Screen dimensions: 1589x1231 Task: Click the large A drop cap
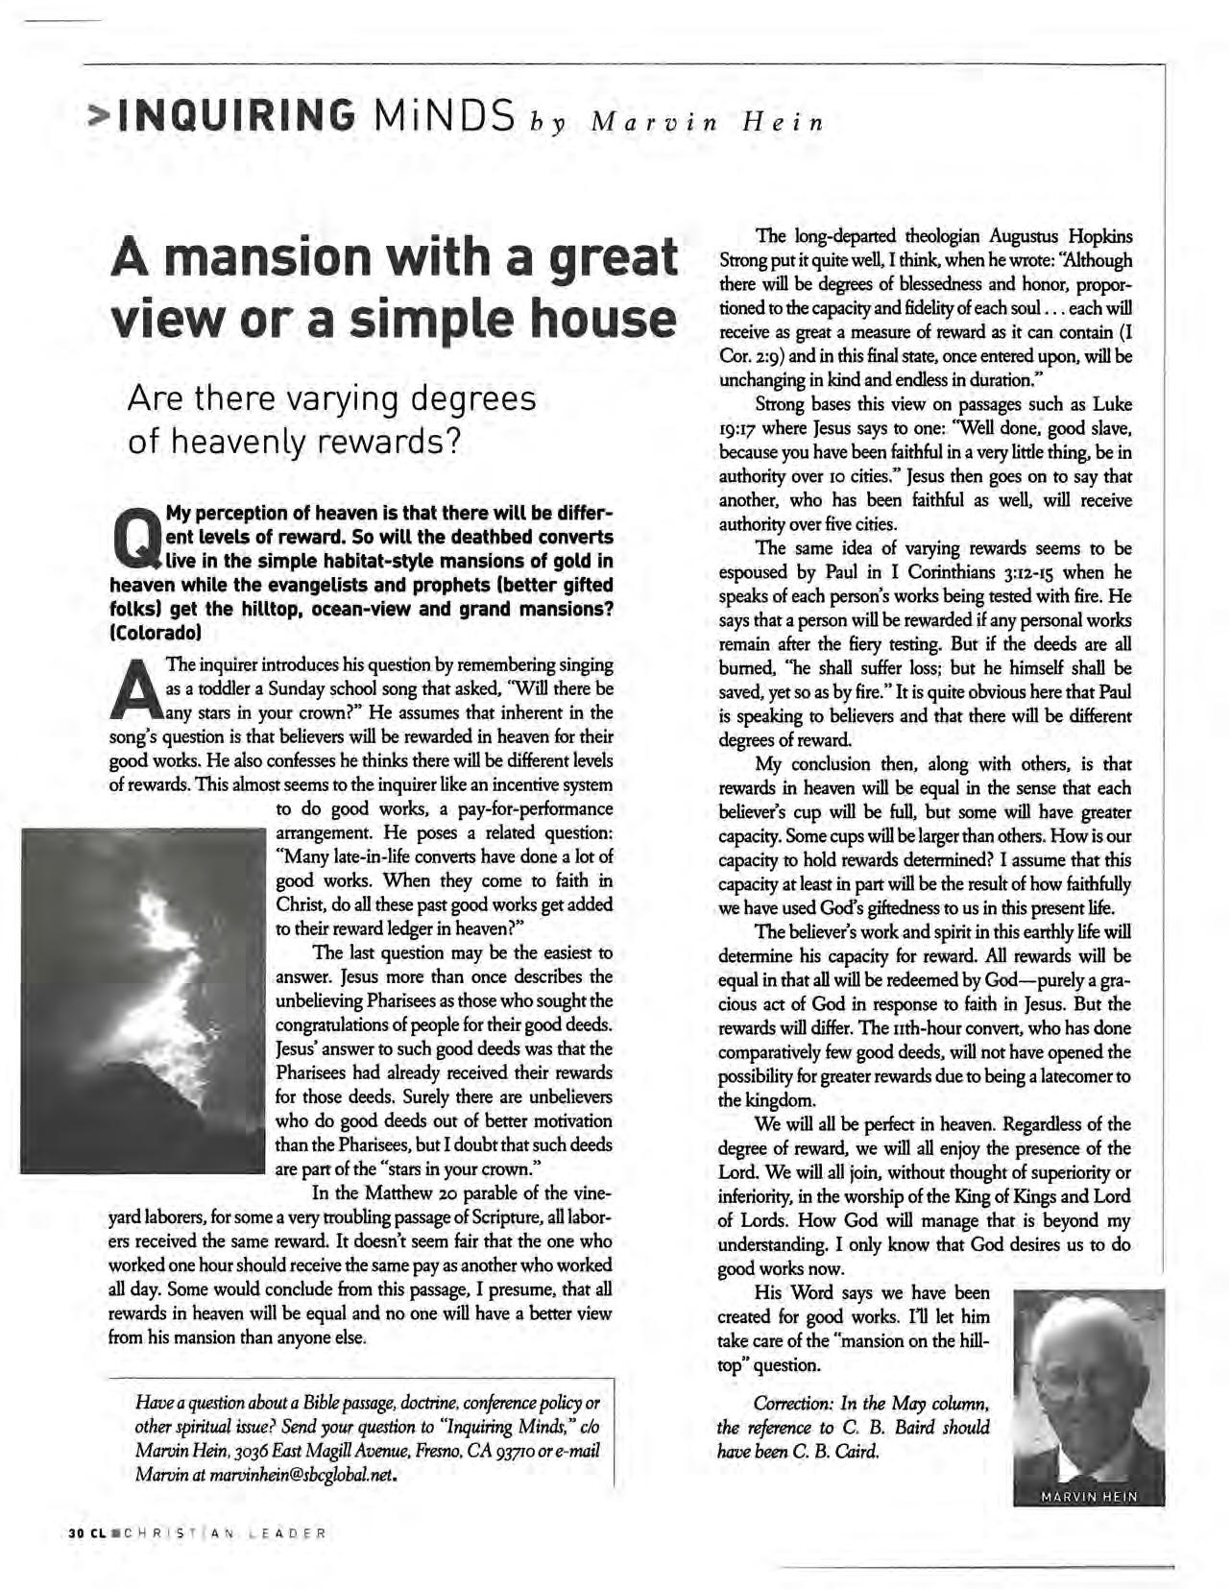click(135, 689)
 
